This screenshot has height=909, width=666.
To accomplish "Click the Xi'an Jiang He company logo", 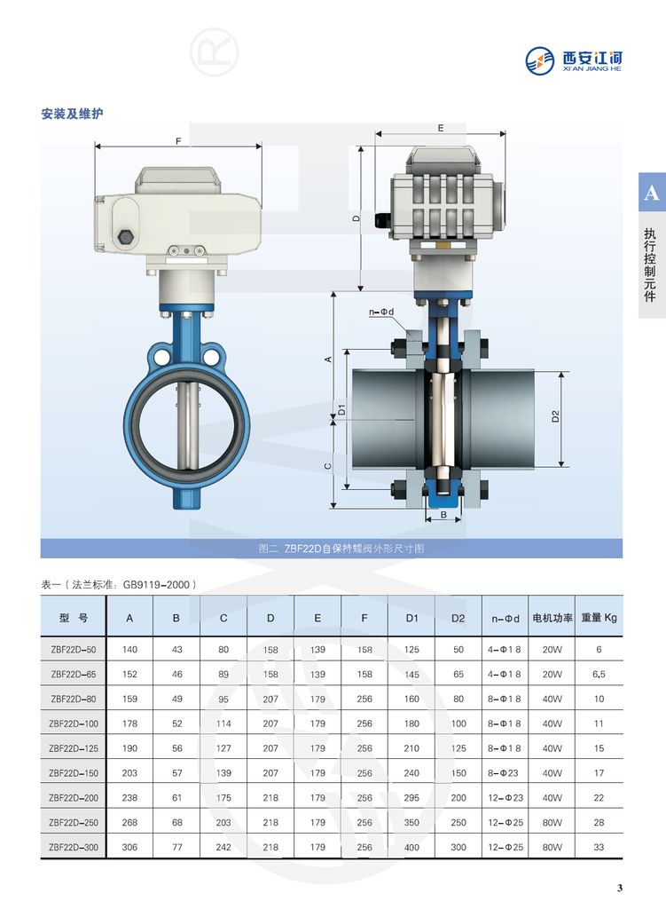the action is click(x=574, y=60).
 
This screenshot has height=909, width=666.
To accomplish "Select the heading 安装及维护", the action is click(x=73, y=114).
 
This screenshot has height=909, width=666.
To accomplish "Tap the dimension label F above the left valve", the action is click(x=178, y=141).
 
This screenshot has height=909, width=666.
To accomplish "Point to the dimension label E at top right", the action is click(x=441, y=128).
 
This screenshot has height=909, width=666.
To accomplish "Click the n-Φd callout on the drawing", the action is click(x=381, y=312).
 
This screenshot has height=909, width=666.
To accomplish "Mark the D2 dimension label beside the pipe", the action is click(x=555, y=416).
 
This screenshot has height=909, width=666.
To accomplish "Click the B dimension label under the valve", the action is click(x=443, y=514).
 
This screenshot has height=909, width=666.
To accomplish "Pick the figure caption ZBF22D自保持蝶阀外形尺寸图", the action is click(x=341, y=549).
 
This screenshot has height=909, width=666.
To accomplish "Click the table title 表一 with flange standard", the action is click(x=119, y=584).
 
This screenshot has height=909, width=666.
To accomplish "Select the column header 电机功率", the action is click(x=552, y=618).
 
